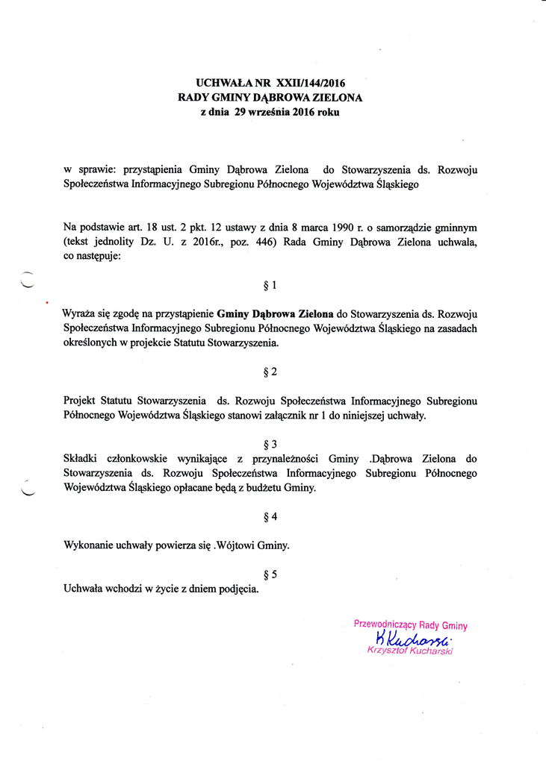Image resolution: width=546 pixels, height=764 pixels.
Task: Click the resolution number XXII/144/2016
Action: [x=310, y=84]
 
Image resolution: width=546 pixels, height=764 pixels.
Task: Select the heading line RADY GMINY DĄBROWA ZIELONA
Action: [x=270, y=98]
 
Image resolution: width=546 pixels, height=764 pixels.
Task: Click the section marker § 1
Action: [x=270, y=285]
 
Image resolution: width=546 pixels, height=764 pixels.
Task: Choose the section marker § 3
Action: [x=270, y=444]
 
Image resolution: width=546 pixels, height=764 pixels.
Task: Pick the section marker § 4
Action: [x=270, y=516]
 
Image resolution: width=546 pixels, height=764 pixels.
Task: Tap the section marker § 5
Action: [x=270, y=574]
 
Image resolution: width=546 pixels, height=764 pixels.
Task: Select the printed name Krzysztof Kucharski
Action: [x=410, y=651]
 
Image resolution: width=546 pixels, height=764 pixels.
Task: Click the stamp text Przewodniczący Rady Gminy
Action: [x=410, y=625]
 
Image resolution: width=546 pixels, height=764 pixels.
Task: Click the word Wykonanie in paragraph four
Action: [x=88, y=545]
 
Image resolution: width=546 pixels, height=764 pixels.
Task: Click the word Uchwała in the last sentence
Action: [x=86, y=589]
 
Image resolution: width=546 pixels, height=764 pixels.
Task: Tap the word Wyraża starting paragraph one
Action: [x=82, y=314]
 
